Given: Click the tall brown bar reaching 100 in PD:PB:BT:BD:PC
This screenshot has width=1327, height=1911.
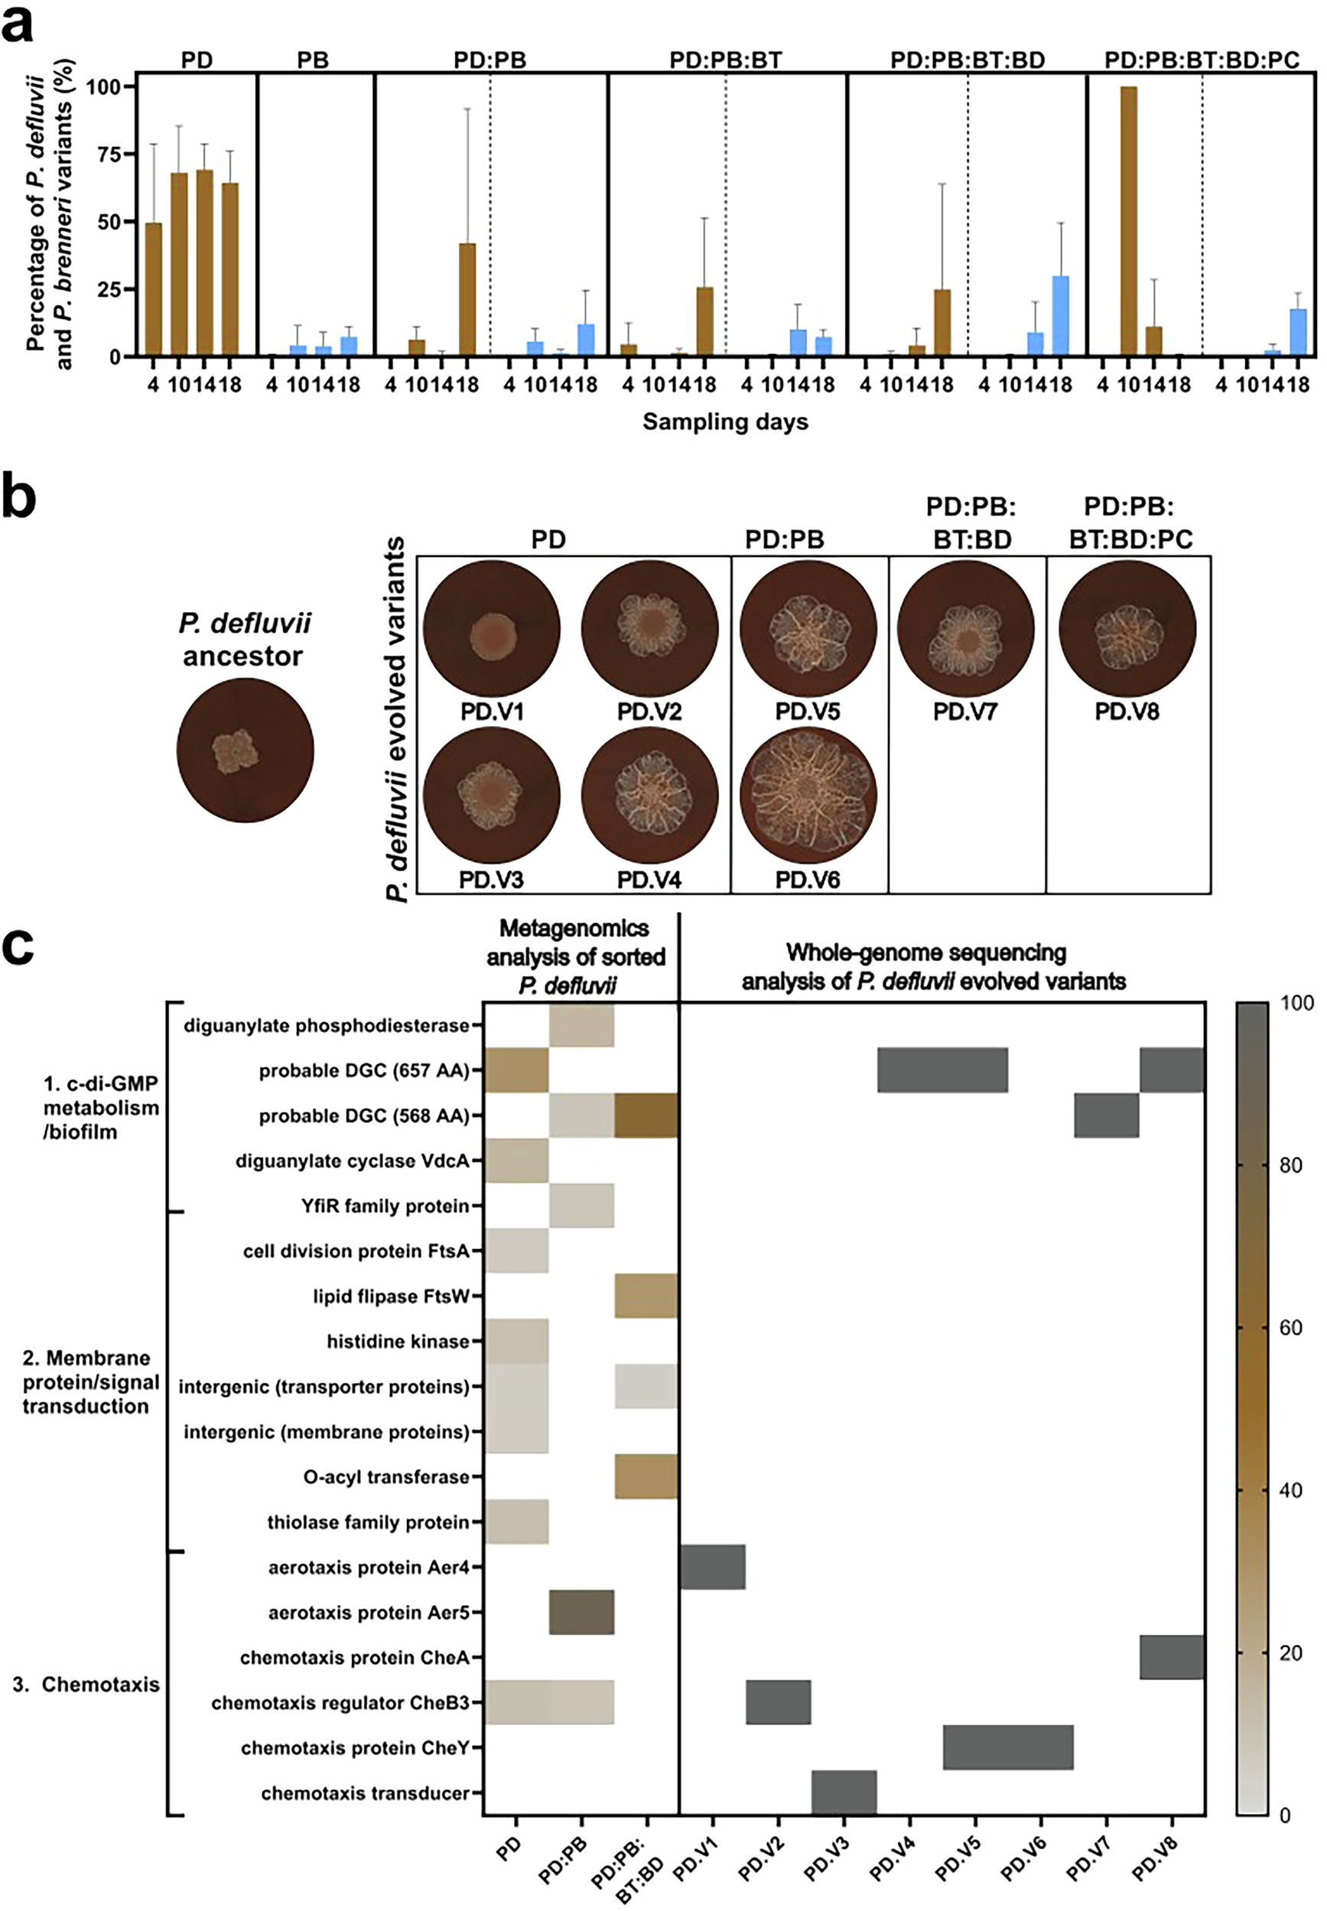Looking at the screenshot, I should point(1128,221).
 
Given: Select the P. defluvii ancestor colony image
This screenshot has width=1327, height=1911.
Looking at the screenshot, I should point(246,750).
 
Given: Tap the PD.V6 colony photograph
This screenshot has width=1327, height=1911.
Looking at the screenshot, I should point(808,796).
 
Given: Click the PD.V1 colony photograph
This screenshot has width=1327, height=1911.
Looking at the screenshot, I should point(491,629).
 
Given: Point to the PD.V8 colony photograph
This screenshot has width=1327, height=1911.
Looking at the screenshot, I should point(1127,629).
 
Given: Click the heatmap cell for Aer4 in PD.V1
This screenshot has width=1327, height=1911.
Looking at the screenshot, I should point(713,1567).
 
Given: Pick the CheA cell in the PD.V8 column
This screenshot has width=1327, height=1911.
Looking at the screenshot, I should point(1172,1656).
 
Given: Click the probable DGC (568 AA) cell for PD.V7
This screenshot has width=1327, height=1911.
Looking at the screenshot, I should point(1106,1115).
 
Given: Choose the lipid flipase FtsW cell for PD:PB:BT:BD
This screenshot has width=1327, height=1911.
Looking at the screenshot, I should point(646,1296).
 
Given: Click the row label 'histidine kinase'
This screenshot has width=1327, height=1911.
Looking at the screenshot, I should point(398,1341).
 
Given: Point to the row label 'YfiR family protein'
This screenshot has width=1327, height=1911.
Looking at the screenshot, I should point(385,1206).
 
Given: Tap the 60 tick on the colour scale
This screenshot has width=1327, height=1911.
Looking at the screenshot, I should point(1290,1328).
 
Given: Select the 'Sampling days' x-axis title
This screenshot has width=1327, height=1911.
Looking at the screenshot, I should point(725,422).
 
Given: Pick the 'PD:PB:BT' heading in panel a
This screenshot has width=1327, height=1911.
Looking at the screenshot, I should point(725,60).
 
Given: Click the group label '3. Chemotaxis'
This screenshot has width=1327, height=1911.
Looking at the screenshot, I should point(86,1684).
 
